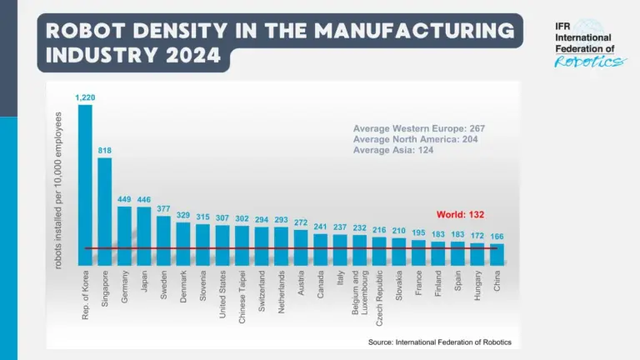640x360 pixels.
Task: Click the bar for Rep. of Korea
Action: coord(85,183)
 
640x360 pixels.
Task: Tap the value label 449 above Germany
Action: coord(124,199)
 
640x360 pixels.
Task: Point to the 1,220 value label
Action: coord(85,97)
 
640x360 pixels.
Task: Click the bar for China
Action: coord(497,254)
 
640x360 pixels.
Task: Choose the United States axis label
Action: coord(223,296)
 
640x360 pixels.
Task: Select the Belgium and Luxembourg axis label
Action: coord(359,301)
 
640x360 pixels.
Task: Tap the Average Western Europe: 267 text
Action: coord(418,128)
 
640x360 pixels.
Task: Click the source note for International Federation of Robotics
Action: coord(440,342)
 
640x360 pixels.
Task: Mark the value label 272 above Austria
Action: coord(300,222)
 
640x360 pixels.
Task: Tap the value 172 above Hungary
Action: coord(477,236)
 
